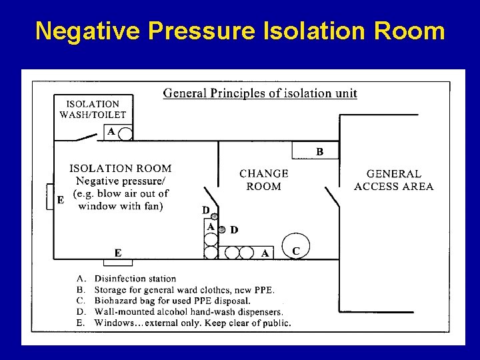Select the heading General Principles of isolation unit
[260, 93]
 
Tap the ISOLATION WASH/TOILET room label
[93, 109]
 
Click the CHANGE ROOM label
[263, 180]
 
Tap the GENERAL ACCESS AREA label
[393, 180]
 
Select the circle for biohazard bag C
[295, 245]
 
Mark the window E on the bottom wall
[119, 253]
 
